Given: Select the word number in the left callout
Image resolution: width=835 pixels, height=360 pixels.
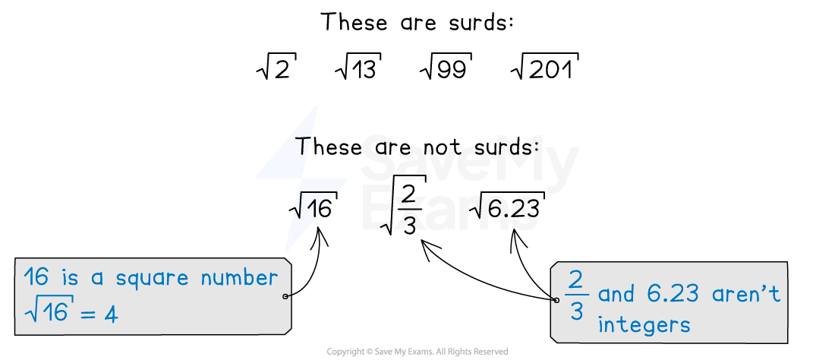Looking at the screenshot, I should (x=239, y=278).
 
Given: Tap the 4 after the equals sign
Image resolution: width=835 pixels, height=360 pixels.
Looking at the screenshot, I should (x=111, y=313).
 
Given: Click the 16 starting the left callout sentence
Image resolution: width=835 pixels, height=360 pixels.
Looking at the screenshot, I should (x=36, y=276).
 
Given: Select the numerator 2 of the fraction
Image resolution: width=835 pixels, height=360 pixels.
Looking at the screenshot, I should (x=576, y=280).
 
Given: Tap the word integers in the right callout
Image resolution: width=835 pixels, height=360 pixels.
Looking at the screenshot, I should (x=644, y=325).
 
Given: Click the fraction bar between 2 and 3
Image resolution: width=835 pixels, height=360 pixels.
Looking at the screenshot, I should (x=576, y=295).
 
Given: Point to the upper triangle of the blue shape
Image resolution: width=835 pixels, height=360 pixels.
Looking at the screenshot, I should (x=297, y=152).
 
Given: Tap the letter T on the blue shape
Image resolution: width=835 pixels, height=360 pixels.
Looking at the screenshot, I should (x=304, y=145).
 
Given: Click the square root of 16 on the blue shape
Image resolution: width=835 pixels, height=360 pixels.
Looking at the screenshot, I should (x=311, y=207).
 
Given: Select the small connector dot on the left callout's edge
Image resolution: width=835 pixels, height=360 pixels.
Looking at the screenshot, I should (x=285, y=296).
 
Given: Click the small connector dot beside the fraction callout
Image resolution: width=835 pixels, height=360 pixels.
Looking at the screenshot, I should (x=556, y=300).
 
